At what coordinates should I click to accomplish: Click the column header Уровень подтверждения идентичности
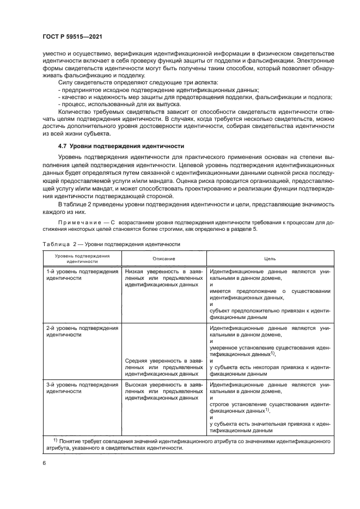(82, 259)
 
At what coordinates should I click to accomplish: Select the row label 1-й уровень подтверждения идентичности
(82, 274)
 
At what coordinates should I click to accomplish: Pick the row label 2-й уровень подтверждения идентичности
(82, 332)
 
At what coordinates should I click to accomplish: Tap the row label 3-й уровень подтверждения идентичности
(82, 388)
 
